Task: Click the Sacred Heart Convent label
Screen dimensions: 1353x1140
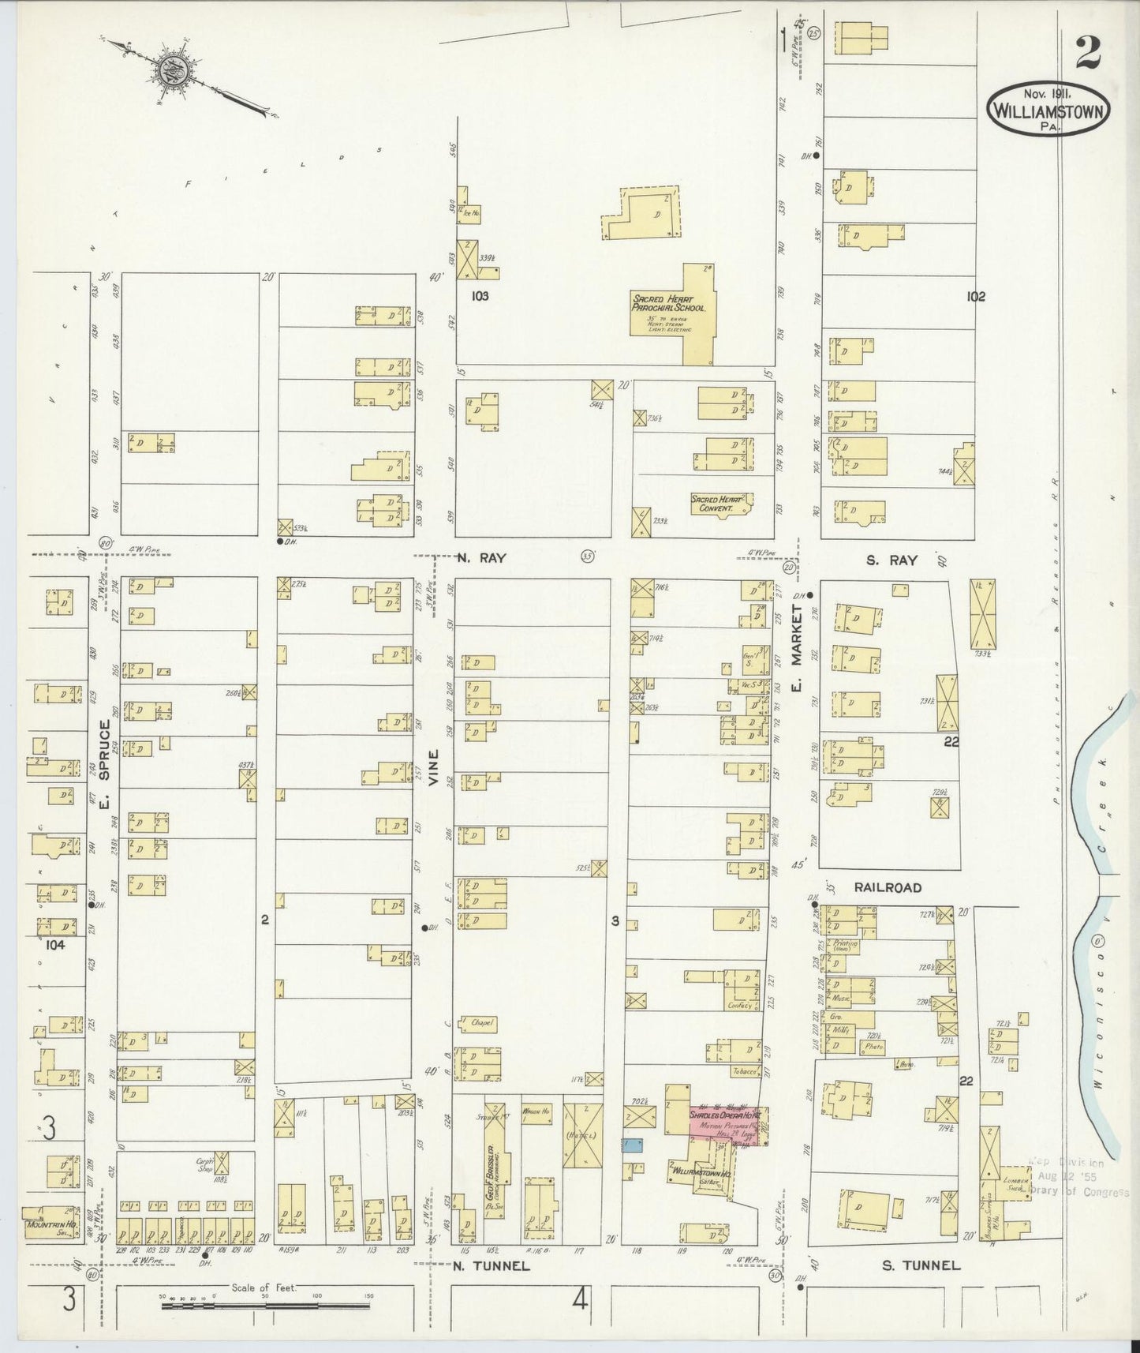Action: (712, 504)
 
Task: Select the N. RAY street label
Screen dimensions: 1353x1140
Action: (480, 557)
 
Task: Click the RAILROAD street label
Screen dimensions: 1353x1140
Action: (888, 887)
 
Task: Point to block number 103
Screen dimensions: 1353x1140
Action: (480, 296)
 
